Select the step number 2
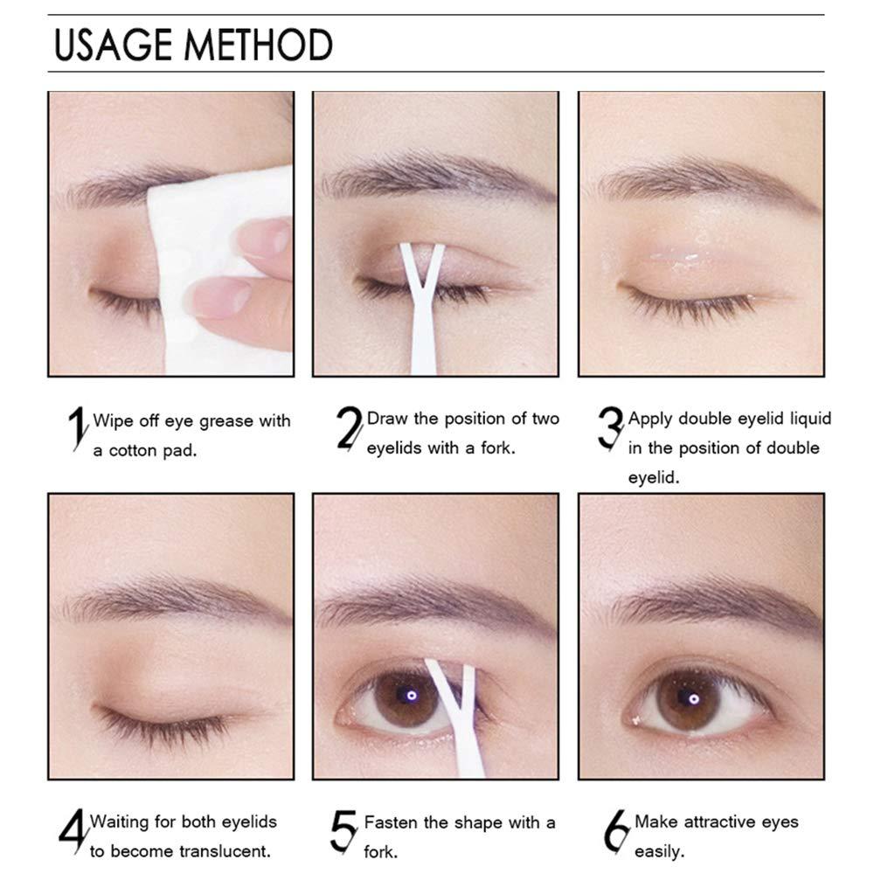tap(350, 429)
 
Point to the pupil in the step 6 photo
tap(692, 697)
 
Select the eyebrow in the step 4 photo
tap(166, 599)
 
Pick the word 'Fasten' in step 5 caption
tap(390, 822)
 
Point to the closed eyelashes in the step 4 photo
tap(162, 721)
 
